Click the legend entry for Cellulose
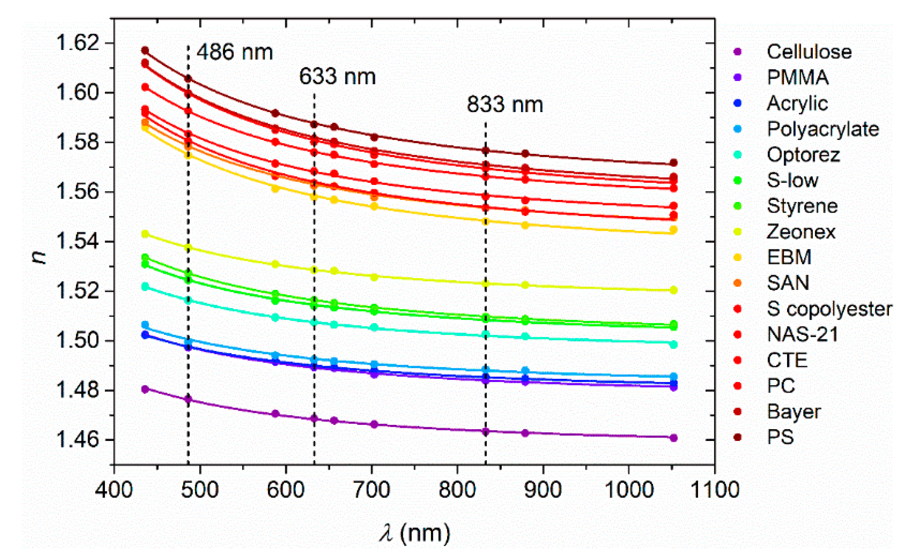click(x=809, y=52)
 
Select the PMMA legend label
click(x=797, y=77)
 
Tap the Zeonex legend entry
click(x=801, y=232)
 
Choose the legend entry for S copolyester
click(x=829, y=309)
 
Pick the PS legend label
click(x=780, y=437)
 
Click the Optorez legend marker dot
click(x=737, y=155)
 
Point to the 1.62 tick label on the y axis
click(x=78, y=43)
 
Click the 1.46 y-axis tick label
click(x=78, y=440)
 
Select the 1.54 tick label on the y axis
click(x=78, y=241)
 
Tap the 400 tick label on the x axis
click(x=114, y=490)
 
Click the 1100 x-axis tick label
click(x=715, y=490)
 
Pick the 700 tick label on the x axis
click(x=371, y=490)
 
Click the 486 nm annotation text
click(x=235, y=52)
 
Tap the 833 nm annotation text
click(x=505, y=105)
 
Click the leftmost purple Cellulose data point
click(x=145, y=389)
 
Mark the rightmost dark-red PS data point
click(x=673, y=162)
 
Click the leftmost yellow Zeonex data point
click(x=145, y=234)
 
